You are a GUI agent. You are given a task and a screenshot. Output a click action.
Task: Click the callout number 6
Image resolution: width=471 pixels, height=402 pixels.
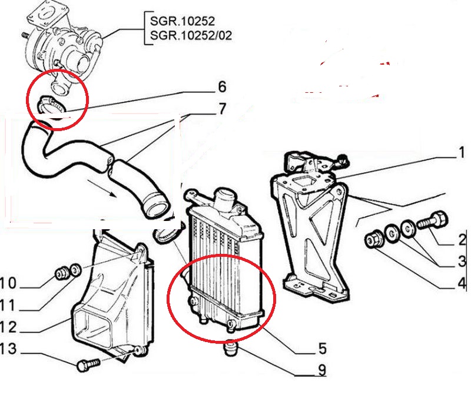click(x=221, y=87)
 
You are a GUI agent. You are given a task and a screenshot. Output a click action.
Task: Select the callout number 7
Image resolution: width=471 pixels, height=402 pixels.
click(x=221, y=109)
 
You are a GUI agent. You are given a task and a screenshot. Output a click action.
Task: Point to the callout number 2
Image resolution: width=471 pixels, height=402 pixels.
click(x=462, y=239)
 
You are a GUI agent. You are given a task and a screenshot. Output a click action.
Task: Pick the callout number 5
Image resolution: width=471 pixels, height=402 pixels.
click(x=322, y=349)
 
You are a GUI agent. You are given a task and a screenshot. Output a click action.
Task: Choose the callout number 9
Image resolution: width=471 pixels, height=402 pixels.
click(x=322, y=371)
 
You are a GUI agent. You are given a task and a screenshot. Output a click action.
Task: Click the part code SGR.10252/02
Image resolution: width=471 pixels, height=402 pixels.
click(x=191, y=35)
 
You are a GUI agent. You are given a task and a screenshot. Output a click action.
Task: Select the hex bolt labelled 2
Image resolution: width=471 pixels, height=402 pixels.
click(x=433, y=222)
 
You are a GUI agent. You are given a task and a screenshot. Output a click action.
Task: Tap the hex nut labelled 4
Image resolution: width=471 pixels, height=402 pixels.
click(x=373, y=239)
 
